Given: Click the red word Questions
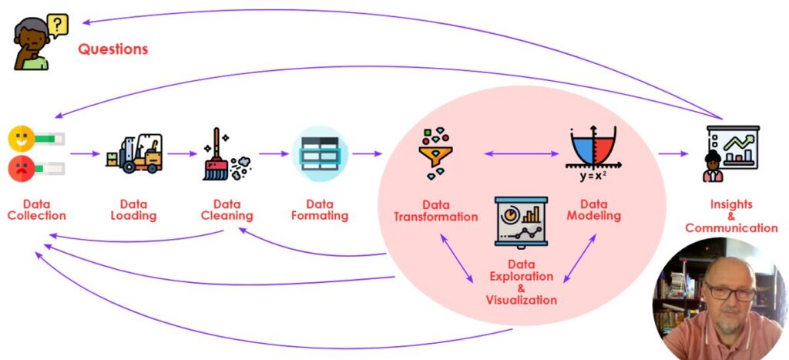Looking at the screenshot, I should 112,49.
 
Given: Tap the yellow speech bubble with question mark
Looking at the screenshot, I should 57,26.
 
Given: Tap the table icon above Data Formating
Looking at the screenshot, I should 319,153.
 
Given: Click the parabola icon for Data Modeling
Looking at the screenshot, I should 593,146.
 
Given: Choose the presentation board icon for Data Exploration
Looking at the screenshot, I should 521,221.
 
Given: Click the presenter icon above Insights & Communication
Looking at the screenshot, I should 730,153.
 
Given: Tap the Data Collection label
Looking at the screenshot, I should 36,210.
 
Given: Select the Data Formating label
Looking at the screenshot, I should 319,210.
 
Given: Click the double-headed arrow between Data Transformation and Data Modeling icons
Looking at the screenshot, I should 522,153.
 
